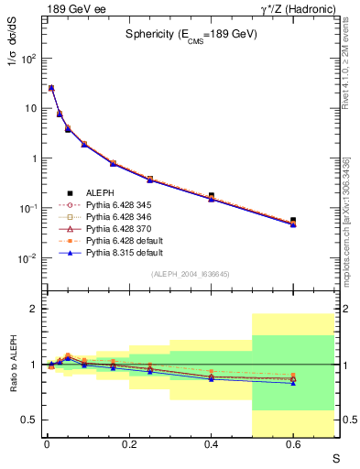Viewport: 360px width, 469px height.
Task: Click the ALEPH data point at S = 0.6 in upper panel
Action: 293,221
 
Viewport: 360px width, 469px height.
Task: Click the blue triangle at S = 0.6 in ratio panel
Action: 293,383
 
